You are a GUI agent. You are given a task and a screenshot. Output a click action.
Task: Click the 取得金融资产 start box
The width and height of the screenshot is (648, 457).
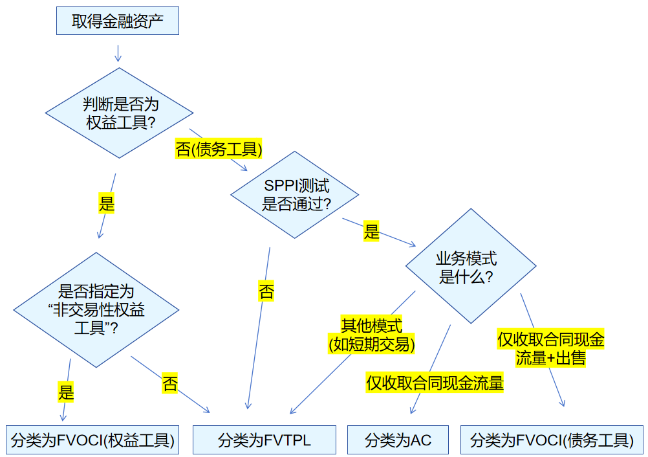tap(117, 21)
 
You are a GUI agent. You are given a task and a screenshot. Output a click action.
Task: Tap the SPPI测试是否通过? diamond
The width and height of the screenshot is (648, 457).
tap(294, 195)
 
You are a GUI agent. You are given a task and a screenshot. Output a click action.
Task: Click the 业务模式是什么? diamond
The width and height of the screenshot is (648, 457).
tap(471, 266)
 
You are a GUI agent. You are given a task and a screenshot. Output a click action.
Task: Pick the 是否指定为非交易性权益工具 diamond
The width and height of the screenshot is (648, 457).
tap(96, 309)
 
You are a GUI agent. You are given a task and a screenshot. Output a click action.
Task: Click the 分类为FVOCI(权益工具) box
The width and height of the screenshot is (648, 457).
tap(92, 440)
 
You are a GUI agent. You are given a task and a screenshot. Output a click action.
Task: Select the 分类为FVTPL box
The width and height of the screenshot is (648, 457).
tap(265, 440)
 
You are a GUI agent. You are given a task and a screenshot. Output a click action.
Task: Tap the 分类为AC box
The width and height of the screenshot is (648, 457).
tap(398, 440)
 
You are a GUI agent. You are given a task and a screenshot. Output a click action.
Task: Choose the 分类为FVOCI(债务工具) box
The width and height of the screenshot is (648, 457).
tap(552, 440)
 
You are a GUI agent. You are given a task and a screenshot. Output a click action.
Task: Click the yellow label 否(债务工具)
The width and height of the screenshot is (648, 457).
tap(219, 150)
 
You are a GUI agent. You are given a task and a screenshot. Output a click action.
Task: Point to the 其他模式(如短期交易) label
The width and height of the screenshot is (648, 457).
tap(372, 335)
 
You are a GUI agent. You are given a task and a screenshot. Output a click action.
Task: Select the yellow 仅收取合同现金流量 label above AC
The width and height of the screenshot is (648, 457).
tap(435, 383)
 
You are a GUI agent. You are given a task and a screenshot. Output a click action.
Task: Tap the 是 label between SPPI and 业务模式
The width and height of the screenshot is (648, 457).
tap(371, 231)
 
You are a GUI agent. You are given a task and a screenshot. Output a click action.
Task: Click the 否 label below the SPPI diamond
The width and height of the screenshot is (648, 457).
tap(266, 291)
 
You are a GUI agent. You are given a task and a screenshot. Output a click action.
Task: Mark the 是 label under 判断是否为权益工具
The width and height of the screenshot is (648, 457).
tap(106, 203)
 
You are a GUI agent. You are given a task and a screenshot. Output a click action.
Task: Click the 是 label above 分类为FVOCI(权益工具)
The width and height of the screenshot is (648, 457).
tap(66, 391)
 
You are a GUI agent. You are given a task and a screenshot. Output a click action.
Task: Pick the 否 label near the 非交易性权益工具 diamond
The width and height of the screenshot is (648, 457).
tap(169, 383)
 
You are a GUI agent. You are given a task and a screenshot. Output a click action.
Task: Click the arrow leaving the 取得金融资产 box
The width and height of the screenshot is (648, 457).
tap(118, 52)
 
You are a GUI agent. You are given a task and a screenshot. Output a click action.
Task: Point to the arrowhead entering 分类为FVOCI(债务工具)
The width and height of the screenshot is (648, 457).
tap(562, 402)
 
